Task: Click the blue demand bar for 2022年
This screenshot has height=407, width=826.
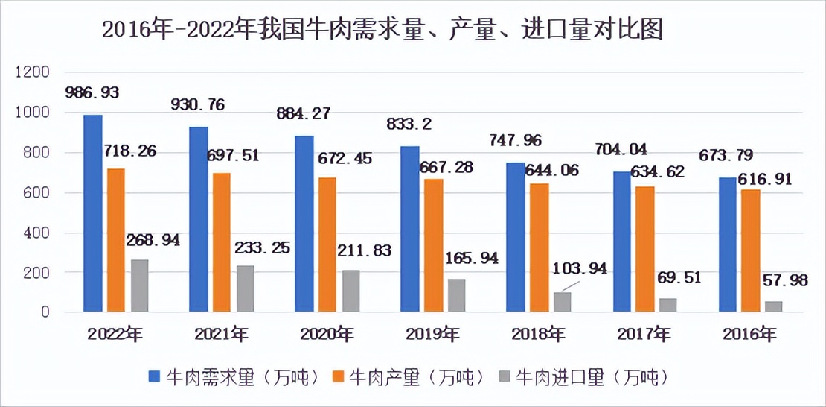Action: (92, 213)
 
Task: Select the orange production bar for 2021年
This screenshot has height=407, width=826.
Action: (222, 242)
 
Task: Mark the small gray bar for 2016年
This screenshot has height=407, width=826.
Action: (774, 306)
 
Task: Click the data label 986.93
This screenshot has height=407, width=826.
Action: (92, 93)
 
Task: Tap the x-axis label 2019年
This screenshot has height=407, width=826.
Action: (433, 333)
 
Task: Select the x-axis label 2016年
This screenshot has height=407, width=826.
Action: (750, 333)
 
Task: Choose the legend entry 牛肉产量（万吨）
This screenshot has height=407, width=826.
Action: (410, 376)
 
